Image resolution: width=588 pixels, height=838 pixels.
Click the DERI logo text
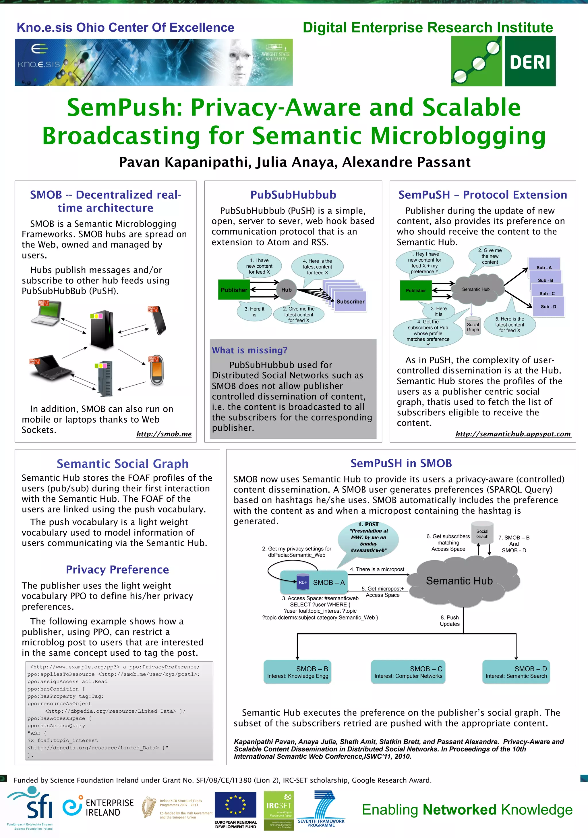pos(530,62)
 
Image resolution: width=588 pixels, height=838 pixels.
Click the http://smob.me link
pos(164,434)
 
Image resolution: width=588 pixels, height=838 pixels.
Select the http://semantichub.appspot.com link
pos(513,434)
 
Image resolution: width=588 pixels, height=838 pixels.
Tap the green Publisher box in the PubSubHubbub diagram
pos(234,290)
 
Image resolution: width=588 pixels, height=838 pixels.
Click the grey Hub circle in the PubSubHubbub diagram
pos(287,290)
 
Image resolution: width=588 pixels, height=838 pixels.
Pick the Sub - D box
pos(548,306)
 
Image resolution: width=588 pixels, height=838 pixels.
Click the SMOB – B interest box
pos(298,672)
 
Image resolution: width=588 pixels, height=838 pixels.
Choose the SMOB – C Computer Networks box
pos(408,672)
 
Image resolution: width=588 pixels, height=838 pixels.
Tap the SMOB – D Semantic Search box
pos(516,672)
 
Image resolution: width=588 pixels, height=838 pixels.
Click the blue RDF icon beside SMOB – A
pos(303,582)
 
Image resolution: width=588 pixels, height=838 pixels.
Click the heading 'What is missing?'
pos(250,350)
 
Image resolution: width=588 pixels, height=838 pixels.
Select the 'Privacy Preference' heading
pos(117,569)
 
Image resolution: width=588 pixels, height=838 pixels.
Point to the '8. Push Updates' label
pos(450,620)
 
